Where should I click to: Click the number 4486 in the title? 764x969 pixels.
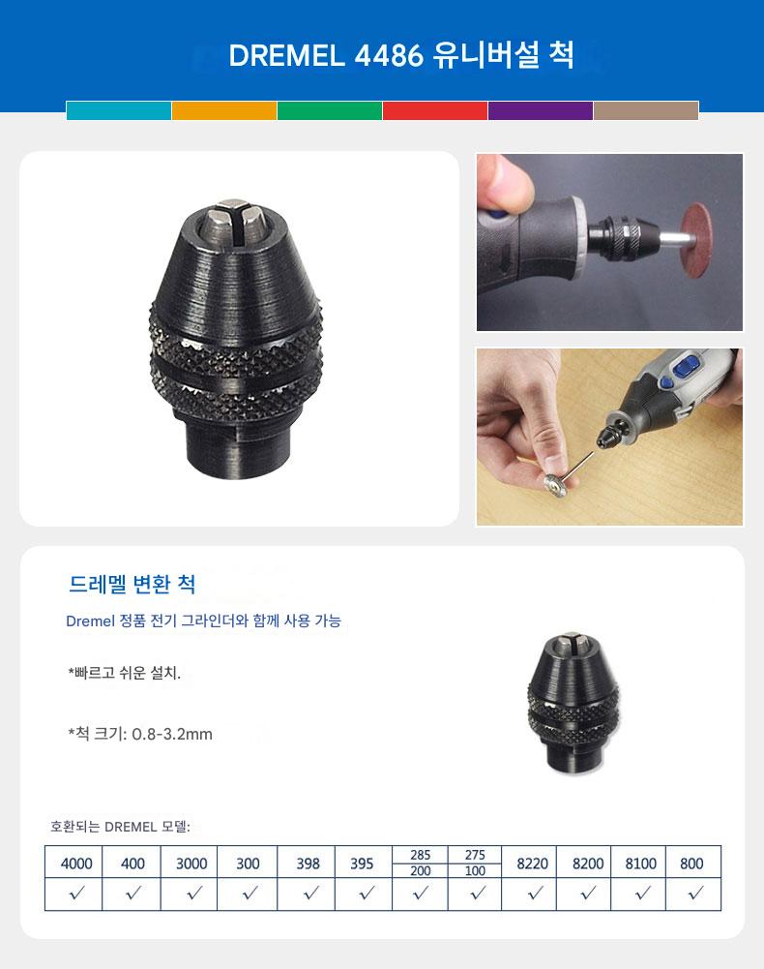pyautogui.click(x=389, y=55)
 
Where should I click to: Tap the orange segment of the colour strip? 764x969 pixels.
pyautogui.click(x=224, y=110)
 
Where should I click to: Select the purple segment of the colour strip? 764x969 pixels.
pyautogui.click(x=541, y=110)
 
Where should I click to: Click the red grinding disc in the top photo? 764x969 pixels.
pyautogui.click(x=696, y=240)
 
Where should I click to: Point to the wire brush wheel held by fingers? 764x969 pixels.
pyautogui.click(x=556, y=484)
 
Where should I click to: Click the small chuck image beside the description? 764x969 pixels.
pyautogui.click(x=573, y=703)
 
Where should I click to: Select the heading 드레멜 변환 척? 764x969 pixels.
pyautogui.click(x=132, y=584)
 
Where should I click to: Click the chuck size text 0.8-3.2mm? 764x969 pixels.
pyautogui.click(x=172, y=734)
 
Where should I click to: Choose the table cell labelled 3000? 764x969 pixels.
pyautogui.click(x=191, y=863)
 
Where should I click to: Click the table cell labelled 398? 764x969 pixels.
pyautogui.click(x=308, y=863)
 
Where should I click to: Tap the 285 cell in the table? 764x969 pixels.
pyautogui.click(x=420, y=855)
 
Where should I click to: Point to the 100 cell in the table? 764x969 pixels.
pyautogui.click(x=475, y=870)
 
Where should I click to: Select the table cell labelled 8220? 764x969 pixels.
pyautogui.click(x=533, y=863)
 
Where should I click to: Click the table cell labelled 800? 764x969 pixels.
pyautogui.click(x=691, y=863)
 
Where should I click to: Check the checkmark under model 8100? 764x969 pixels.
pyautogui.click(x=643, y=893)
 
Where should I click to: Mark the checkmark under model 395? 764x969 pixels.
pyautogui.click(x=367, y=893)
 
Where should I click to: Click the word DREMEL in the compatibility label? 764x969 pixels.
pyautogui.click(x=131, y=827)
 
